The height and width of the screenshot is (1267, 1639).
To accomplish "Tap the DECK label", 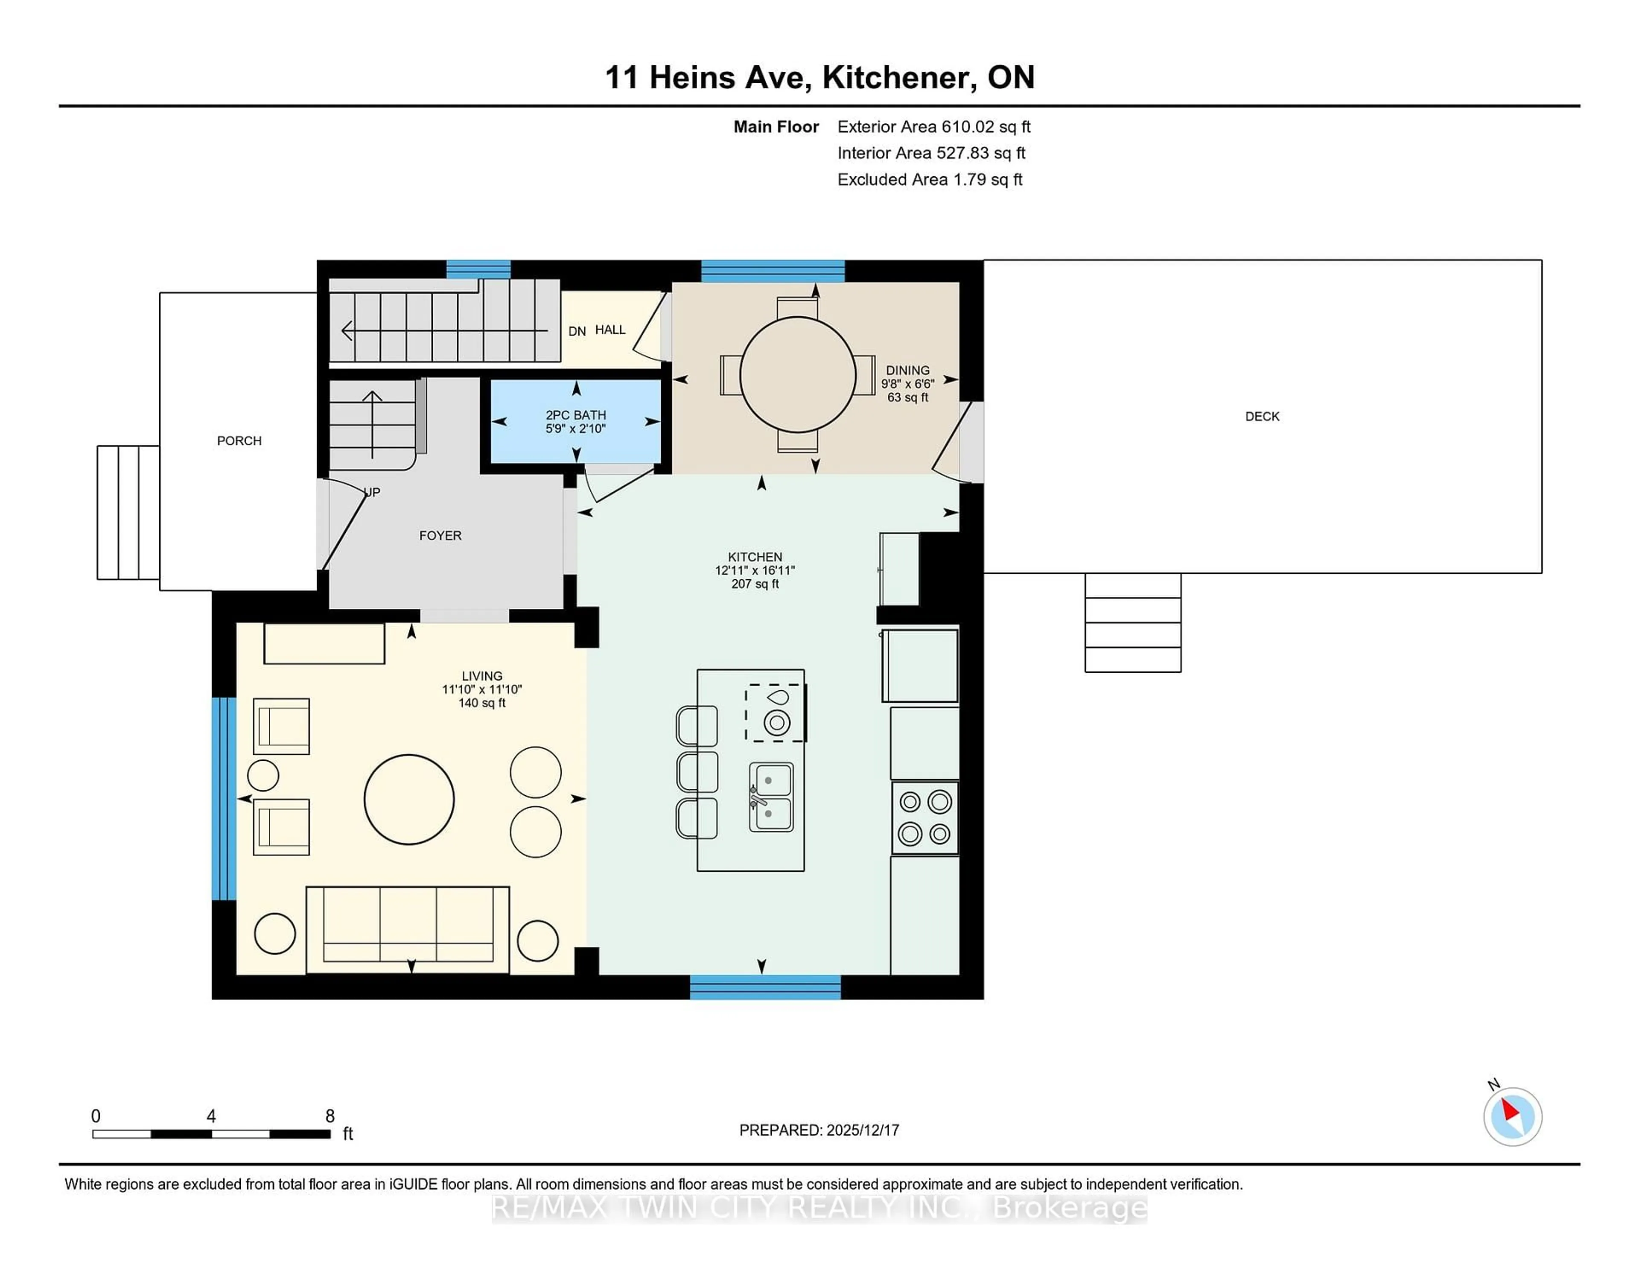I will [1262, 417].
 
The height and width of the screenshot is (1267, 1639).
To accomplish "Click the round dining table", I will [797, 374].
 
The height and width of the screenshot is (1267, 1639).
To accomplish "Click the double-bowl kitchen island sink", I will [771, 797].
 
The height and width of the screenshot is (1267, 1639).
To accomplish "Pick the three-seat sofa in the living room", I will [408, 929].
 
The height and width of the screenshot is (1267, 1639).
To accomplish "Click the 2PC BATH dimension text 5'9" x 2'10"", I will [576, 429].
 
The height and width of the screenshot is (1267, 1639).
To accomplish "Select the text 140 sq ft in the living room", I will [482, 704].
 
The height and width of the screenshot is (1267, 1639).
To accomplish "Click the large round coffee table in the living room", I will [409, 799].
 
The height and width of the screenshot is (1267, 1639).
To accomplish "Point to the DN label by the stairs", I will [576, 331].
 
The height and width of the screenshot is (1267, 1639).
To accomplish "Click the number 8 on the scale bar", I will [330, 1116].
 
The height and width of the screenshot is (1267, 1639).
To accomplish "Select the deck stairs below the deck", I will [1132, 622].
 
